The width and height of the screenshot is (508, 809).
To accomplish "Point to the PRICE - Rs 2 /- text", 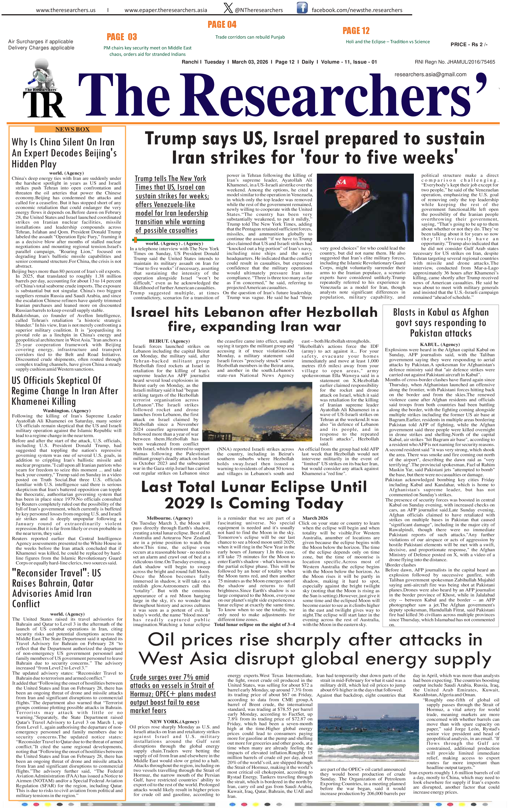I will click(469, 44).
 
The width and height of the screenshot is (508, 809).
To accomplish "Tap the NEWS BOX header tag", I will click(72, 129).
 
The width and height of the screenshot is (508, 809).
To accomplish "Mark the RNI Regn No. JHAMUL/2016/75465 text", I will click(455, 62).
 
